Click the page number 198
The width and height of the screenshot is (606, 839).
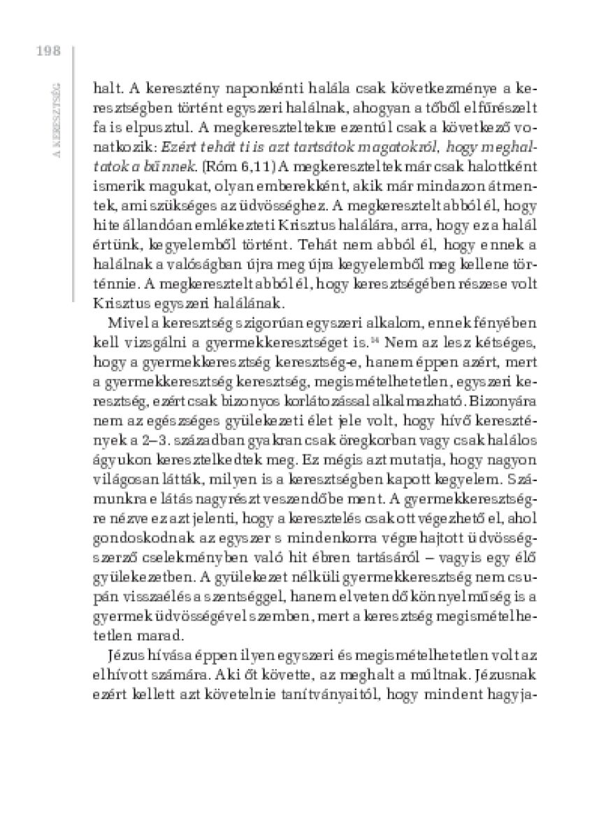pos(47,51)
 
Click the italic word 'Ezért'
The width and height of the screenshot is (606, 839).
pos(178,148)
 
